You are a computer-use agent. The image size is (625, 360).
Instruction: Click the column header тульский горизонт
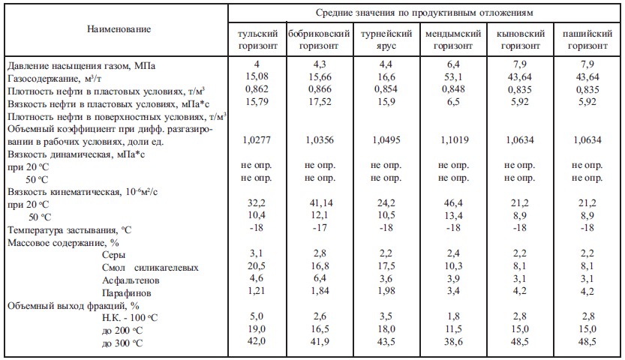(257, 40)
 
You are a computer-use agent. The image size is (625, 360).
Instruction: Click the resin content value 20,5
(257, 268)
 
